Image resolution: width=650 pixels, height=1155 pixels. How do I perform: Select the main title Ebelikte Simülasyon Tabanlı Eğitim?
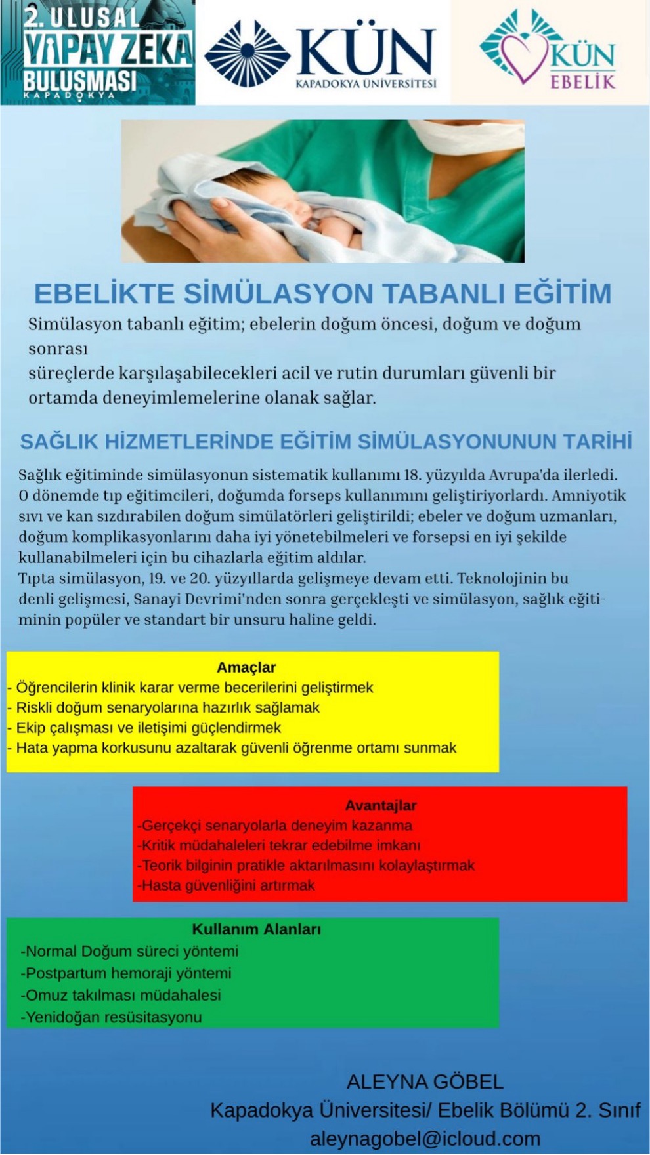click(322, 293)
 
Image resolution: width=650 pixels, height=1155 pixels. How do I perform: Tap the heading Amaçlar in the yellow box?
click(246, 667)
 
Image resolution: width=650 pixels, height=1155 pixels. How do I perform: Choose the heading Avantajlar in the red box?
click(381, 805)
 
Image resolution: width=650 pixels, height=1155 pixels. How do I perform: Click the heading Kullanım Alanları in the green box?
click(256, 929)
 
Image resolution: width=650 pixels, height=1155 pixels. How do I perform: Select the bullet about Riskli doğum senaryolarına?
click(164, 708)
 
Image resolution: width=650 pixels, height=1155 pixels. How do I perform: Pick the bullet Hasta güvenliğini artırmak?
click(227, 885)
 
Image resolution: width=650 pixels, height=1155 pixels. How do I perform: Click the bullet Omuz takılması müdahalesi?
click(121, 996)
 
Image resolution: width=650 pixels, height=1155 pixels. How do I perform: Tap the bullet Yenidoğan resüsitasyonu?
click(112, 1018)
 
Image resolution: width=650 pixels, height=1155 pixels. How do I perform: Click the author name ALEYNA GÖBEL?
click(425, 1082)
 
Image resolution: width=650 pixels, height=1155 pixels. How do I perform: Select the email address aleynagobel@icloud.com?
click(425, 1139)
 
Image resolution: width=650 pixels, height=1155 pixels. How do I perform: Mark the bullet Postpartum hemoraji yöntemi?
click(126, 973)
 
